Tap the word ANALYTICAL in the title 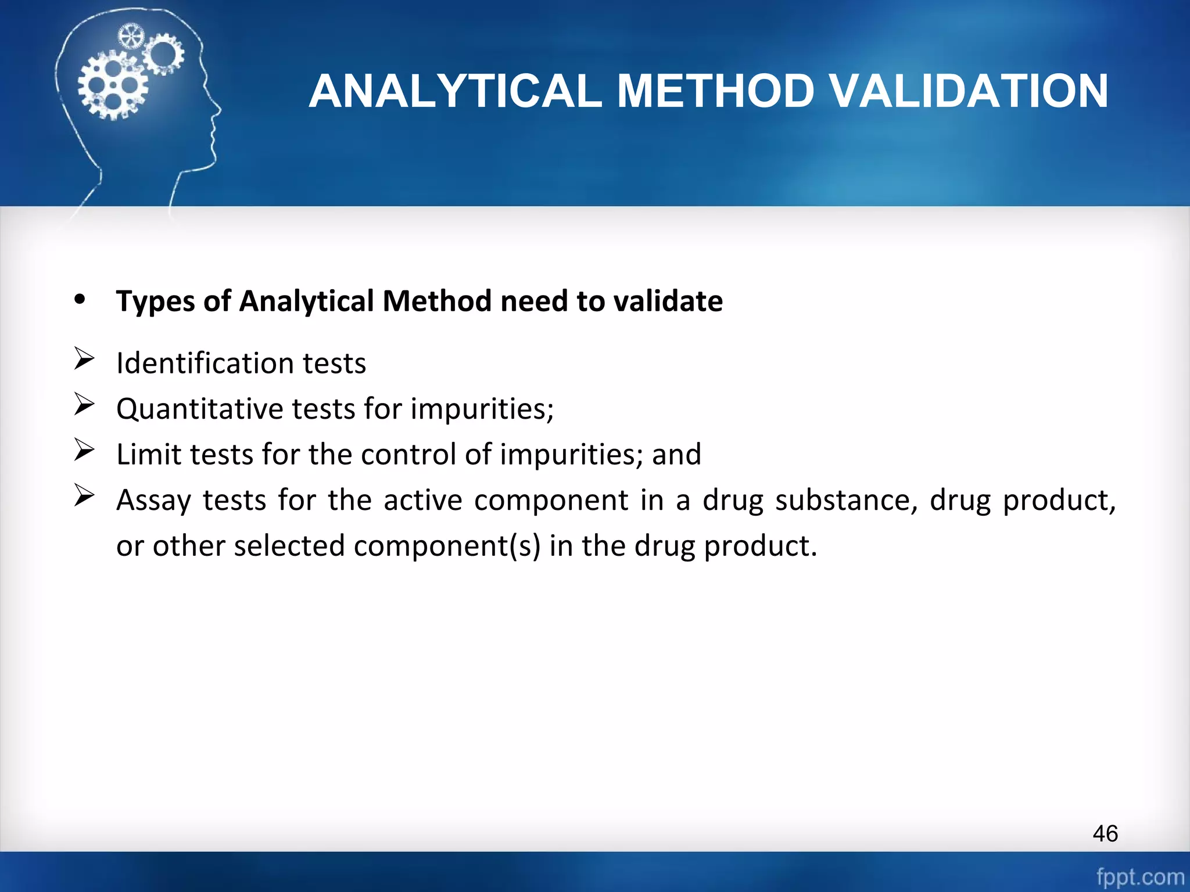tap(455, 92)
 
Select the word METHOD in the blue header tap(715, 92)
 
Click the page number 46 tap(1105, 833)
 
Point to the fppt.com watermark tap(1140, 876)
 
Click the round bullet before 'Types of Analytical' tap(80, 300)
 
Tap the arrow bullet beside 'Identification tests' tap(84, 358)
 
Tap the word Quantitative tap(199, 409)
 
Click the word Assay tap(153, 501)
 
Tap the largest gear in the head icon tap(113, 86)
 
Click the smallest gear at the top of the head tap(130, 37)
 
